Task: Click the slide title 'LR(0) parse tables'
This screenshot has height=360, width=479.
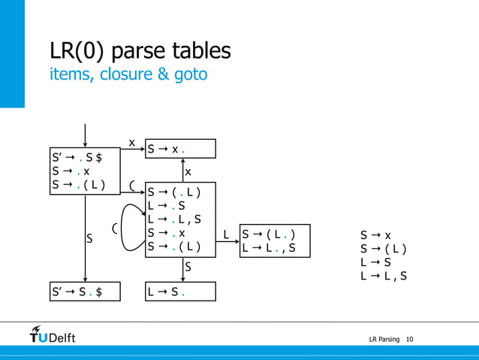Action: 140,51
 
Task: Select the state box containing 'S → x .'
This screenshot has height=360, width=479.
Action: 180,149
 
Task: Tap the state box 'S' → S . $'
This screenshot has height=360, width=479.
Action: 85,291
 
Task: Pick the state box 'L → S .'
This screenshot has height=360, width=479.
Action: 180,291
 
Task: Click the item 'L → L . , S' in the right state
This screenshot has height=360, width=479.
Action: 269,247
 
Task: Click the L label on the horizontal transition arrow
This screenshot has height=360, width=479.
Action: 227,235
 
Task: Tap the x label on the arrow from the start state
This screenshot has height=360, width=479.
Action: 131,142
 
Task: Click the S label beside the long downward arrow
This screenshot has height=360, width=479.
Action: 89,239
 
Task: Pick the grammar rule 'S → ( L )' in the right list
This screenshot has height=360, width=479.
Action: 384,249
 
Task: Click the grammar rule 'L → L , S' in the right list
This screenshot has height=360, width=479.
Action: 384,276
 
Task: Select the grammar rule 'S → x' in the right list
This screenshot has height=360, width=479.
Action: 375,235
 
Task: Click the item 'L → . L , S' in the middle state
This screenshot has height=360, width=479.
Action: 174,219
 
